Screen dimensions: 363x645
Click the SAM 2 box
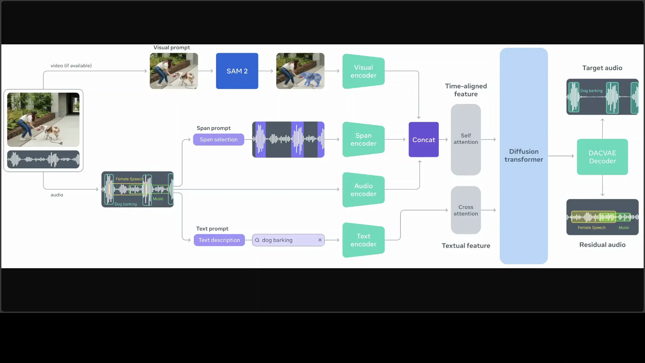pos(237,71)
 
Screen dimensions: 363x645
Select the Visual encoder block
pos(363,71)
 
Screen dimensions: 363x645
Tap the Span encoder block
pos(363,139)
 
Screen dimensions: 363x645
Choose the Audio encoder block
pos(363,190)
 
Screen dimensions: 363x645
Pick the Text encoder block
pos(363,240)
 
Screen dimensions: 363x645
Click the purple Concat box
pos(423,139)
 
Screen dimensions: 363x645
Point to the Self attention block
pos(466,139)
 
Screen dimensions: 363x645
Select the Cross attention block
pos(466,210)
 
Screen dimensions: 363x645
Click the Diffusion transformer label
pos(523,155)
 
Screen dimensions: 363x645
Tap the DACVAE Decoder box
pos(602,157)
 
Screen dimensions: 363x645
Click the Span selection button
pos(218,139)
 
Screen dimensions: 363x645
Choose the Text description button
pos(219,240)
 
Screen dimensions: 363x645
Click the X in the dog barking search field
pos(320,240)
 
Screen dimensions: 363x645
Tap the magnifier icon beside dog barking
pos(257,240)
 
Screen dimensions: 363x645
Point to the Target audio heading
pos(602,68)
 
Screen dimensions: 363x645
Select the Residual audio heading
pos(602,245)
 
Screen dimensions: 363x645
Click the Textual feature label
pos(466,246)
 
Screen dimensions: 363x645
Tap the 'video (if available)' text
pos(71,66)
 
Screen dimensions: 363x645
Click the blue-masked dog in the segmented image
pos(310,79)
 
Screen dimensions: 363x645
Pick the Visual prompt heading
pos(171,47)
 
